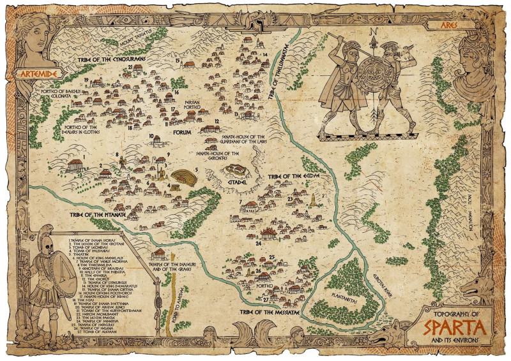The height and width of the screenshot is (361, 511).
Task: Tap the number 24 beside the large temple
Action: tap(259, 243)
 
